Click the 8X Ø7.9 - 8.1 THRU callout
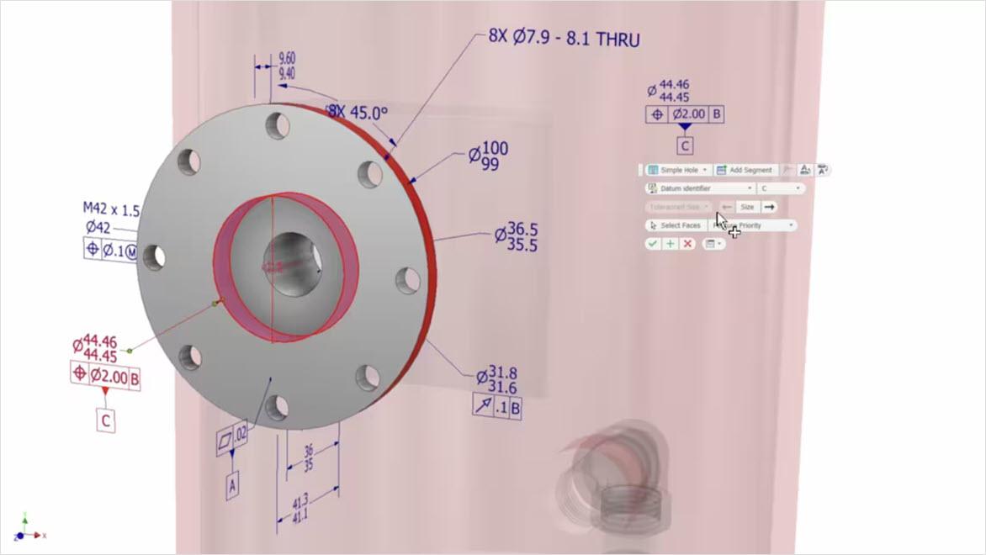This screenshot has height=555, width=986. point(564,39)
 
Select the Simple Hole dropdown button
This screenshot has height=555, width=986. point(678,170)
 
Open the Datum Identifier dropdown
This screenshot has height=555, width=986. point(699,188)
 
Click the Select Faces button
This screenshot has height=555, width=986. point(675,225)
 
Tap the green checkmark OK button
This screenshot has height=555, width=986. point(653,244)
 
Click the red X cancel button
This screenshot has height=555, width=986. point(687,244)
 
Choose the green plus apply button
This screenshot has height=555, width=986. point(671,244)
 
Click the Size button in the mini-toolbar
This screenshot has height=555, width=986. point(746,207)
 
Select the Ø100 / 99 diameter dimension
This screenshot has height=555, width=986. point(489,156)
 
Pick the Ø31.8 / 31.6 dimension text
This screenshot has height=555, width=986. point(496,381)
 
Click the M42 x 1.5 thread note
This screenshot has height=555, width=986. point(111,209)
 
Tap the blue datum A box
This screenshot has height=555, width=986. point(233,485)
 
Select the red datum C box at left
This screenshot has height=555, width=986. point(106,420)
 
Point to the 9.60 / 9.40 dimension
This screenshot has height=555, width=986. point(286,66)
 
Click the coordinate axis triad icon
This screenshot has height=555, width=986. point(28,528)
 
